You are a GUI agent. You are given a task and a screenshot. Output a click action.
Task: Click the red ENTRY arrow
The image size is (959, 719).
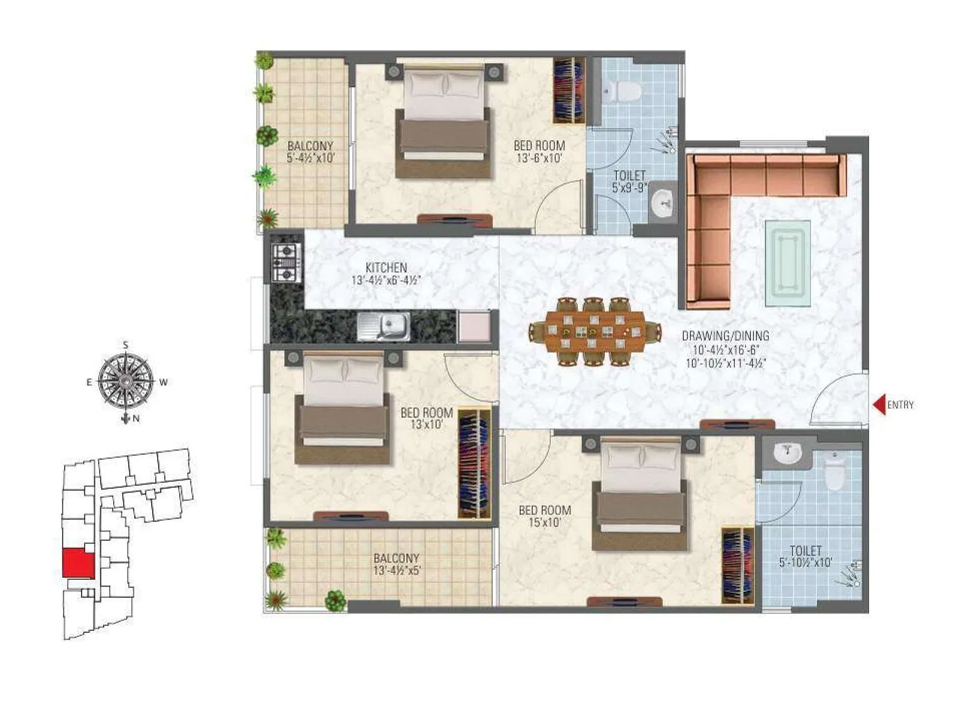[x=879, y=405]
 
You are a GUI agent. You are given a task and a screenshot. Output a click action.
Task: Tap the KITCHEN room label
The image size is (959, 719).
[x=387, y=268]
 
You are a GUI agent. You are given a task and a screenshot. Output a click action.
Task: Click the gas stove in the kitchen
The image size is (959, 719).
[x=285, y=262]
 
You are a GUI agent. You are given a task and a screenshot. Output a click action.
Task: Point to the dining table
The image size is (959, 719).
[x=595, y=331]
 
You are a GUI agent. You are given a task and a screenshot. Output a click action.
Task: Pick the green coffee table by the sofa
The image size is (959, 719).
[x=788, y=264]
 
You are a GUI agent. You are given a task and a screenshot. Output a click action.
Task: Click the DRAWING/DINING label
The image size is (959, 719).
[x=725, y=336]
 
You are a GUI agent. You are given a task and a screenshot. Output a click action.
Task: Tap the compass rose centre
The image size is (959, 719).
[x=125, y=382]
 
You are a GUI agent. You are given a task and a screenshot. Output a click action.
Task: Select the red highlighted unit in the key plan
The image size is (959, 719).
[x=79, y=563]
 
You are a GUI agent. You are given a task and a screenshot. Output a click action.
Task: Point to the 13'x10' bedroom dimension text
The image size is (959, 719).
[x=427, y=425]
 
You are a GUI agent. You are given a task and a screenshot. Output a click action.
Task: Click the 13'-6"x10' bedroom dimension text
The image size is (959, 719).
[x=539, y=158]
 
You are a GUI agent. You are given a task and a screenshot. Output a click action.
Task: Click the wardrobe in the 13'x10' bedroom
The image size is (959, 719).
[x=474, y=464]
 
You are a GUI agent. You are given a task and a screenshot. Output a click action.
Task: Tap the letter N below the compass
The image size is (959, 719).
[x=136, y=419]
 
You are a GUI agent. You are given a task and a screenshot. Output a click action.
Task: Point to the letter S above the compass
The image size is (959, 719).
[x=125, y=345]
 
